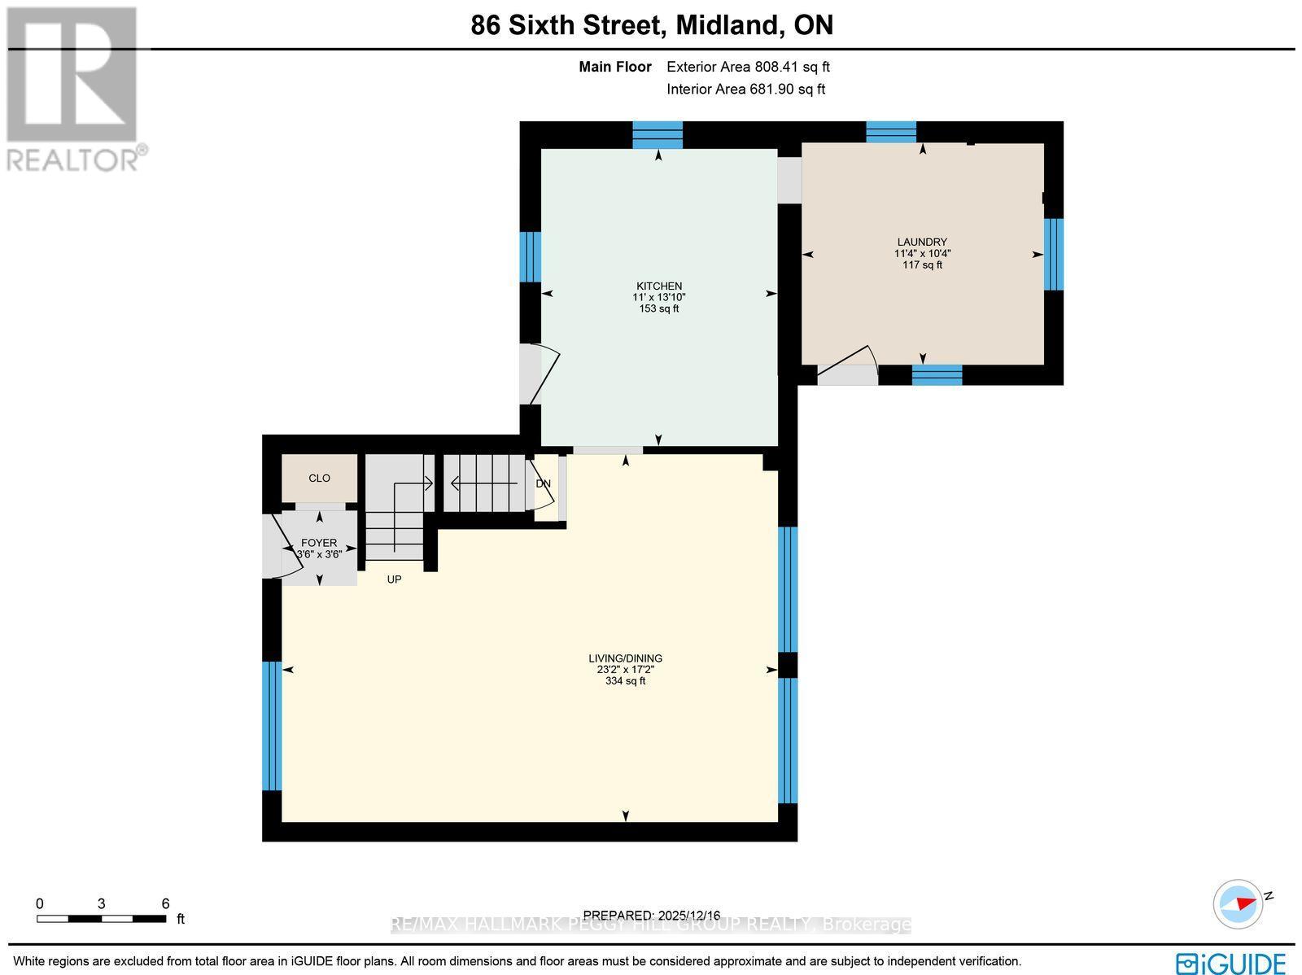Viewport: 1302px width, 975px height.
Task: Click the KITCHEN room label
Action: click(x=658, y=286)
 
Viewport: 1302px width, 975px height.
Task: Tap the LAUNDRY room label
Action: click(x=922, y=242)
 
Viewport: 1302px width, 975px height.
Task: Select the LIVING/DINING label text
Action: click(x=625, y=658)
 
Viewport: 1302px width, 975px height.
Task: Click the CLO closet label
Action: click(x=319, y=478)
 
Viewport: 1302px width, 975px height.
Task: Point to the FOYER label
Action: click(x=318, y=543)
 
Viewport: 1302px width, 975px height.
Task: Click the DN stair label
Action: click(x=543, y=483)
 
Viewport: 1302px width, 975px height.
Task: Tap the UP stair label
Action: click(x=394, y=579)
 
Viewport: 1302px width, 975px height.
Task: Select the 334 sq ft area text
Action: click(x=625, y=681)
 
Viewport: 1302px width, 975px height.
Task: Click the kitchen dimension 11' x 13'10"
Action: click(x=658, y=297)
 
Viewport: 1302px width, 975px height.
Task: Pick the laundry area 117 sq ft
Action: click(x=922, y=265)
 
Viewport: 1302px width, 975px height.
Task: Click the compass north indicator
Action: click(x=1239, y=903)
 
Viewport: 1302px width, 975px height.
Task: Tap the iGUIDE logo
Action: click(x=1231, y=963)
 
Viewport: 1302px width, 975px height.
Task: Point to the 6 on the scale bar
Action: click(x=165, y=903)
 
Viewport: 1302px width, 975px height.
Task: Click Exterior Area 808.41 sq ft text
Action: click(x=747, y=68)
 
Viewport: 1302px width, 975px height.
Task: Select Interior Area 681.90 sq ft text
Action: click(x=745, y=90)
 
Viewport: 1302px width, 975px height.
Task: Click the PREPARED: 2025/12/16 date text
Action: click(x=652, y=916)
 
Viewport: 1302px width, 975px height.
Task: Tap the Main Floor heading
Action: click(x=614, y=68)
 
